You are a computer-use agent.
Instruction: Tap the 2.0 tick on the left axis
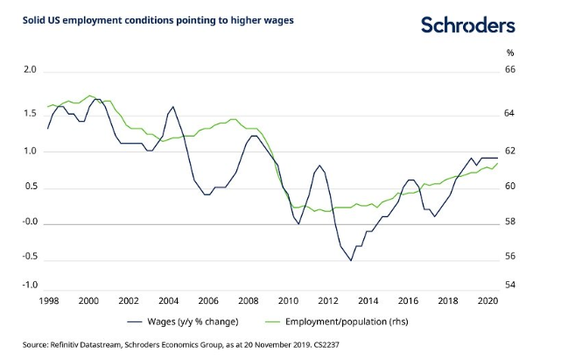30,70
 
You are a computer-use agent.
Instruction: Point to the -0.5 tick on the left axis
28,257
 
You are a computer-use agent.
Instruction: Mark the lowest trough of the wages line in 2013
351,260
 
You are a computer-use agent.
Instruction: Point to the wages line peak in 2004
172,107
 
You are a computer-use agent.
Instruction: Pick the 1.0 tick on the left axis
30,152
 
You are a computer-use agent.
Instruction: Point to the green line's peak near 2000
90,95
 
